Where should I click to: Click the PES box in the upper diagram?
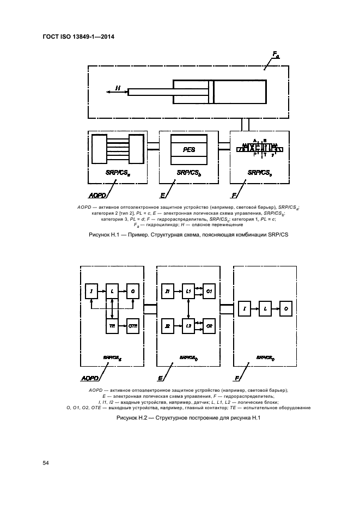(x=188, y=149)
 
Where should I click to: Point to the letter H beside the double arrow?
(x=117, y=87)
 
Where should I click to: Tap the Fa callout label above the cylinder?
(x=276, y=54)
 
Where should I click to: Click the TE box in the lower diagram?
(x=112, y=325)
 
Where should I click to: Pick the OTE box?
(x=134, y=325)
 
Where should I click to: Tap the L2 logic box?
(x=188, y=325)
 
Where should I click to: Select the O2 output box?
(x=210, y=325)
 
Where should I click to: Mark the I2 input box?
(x=167, y=325)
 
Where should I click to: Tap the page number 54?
(x=46, y=463)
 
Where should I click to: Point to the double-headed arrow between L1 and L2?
(x=188, y=309)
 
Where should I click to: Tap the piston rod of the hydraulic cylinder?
(x=150, y=92)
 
